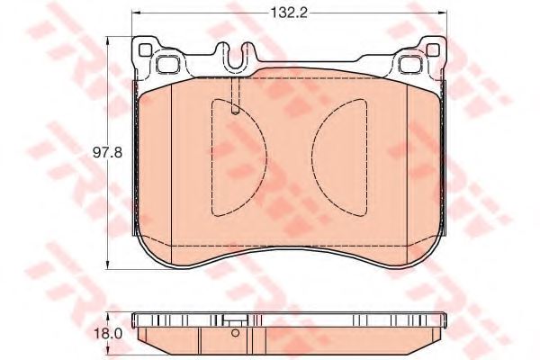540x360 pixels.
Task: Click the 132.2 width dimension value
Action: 289,12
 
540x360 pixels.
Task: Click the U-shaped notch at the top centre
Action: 237,64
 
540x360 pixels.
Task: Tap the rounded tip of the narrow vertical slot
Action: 234,112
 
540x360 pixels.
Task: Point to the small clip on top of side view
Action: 236,321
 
